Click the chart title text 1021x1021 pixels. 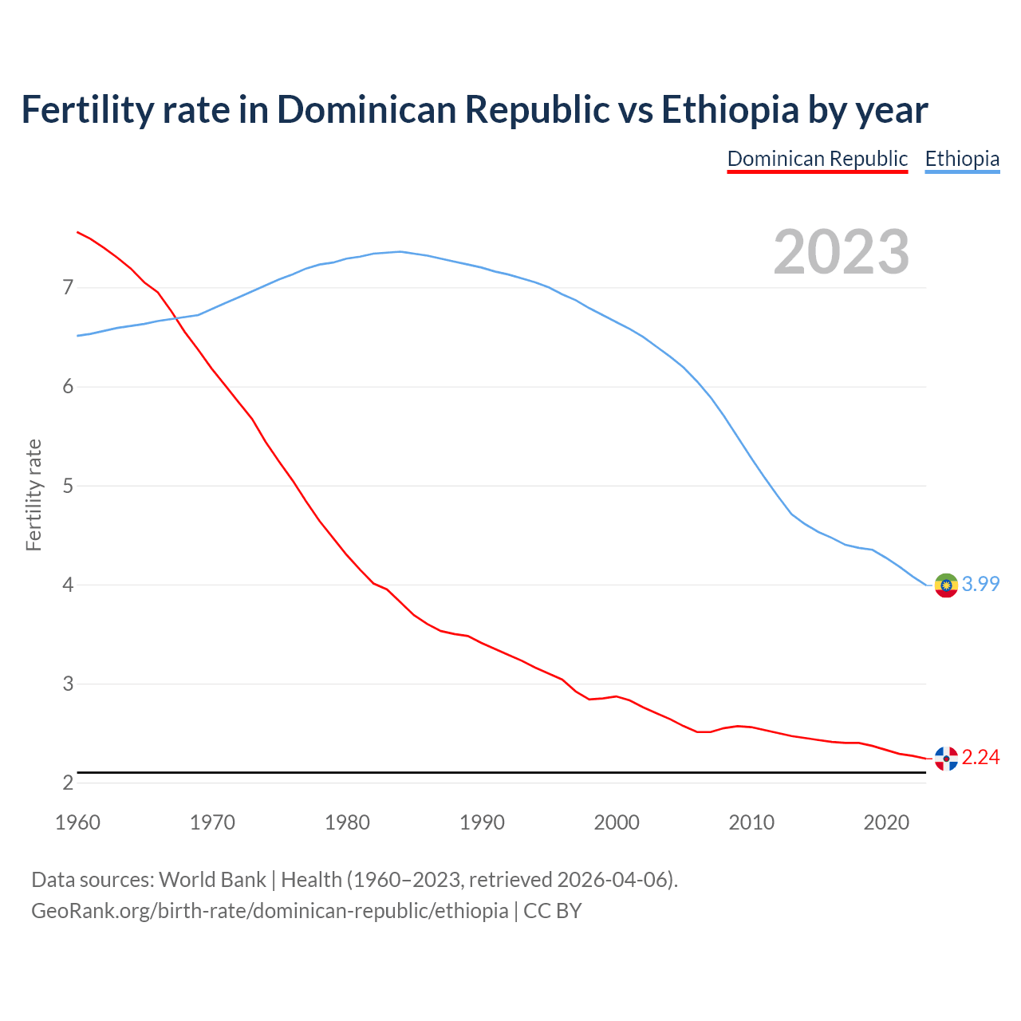(x=475, y=109)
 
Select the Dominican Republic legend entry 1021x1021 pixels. (x=818, y=159)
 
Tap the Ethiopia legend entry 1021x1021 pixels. (x=962, y=159)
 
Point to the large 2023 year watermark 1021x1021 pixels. (x=841, y=252)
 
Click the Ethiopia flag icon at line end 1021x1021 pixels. (x=946, y=585)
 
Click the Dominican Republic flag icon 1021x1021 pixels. (x=946, y=759)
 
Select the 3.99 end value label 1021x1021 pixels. (x=980, y=585)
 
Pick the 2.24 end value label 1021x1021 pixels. (x=980, y=758)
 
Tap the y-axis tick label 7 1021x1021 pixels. (x=68, y=287)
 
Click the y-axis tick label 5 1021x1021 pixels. (x=68, y=486)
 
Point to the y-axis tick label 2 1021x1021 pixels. (x=68, y=783)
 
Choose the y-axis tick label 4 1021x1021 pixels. (x=68, y=585)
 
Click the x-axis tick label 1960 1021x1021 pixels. (x=77, y=822)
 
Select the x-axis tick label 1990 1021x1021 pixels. (x=482, y=822)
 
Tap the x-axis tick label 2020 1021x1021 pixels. (x=886, y=822)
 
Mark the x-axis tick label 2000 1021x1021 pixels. (x=617, y=822)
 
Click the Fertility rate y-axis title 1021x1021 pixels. (x=34, y=495)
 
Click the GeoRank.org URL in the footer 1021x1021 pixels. (x=270, y=911)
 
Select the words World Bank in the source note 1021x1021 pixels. (x=212, y=880)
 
